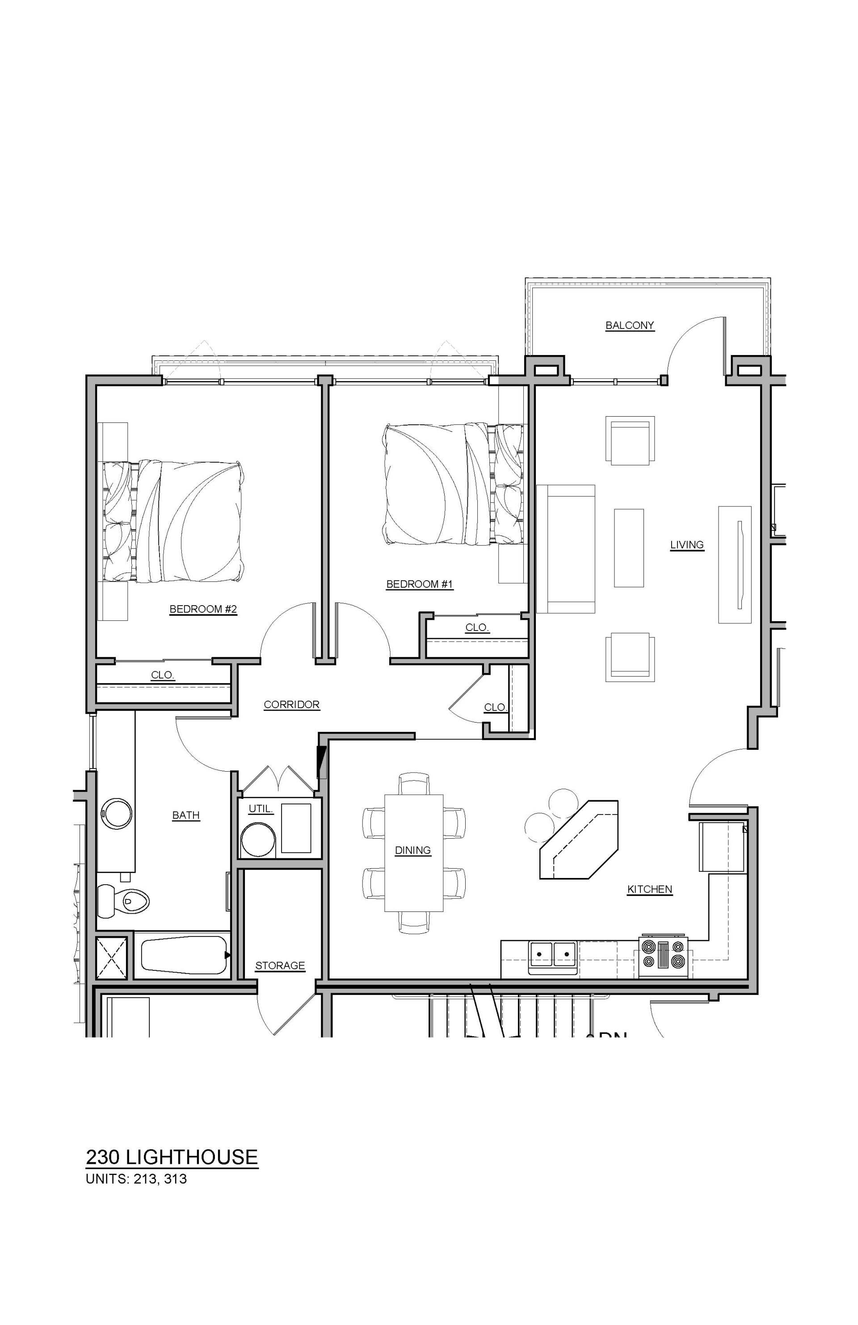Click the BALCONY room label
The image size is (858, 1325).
click(630, 325)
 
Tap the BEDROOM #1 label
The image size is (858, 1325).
click(420, 584)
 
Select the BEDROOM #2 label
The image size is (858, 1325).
click(203, 609)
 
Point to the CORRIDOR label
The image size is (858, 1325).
click(291, 704)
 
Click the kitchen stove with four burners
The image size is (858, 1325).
click(663, 953)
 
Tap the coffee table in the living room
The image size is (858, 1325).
click(628, 548)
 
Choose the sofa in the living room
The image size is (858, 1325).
click(565, 548)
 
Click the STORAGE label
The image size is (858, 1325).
click(280, 966)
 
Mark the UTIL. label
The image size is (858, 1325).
click(260, 808)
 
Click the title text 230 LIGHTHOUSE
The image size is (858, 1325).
click(172, 1157)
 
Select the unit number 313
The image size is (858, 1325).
click(176, 1179)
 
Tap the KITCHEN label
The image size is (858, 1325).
click(650, 889)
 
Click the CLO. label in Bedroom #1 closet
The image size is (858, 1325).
click(477, 627)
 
